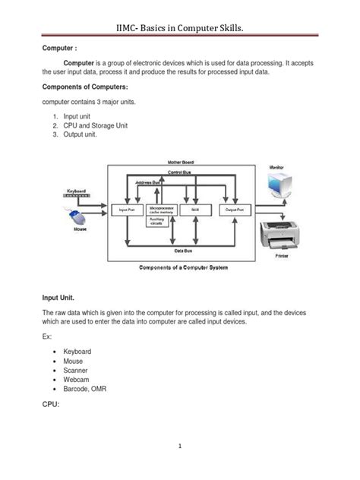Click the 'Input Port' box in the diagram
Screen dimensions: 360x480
[127, 209]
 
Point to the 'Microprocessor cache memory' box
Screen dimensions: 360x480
[161, 208]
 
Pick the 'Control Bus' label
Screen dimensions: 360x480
[179, 174]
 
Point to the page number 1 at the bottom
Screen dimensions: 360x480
[180, 447]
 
